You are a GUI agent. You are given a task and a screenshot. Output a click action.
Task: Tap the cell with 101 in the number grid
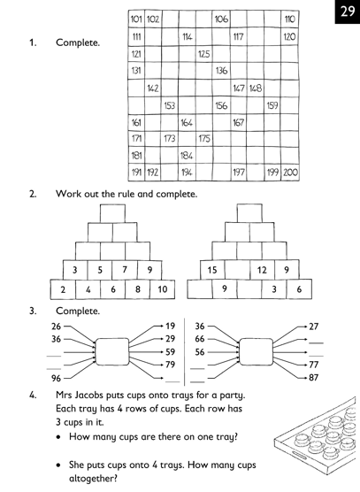click(136, 19)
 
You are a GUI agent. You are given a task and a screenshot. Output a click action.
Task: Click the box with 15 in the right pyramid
click(213, 269)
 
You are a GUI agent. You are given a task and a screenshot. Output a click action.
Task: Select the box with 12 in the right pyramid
click(263, 269)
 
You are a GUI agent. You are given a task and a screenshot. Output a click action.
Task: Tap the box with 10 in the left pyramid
click(163, 288)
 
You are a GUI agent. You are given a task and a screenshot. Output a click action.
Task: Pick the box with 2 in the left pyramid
click(64, 288)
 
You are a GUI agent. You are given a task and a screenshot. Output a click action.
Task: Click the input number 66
click(200, 339)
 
